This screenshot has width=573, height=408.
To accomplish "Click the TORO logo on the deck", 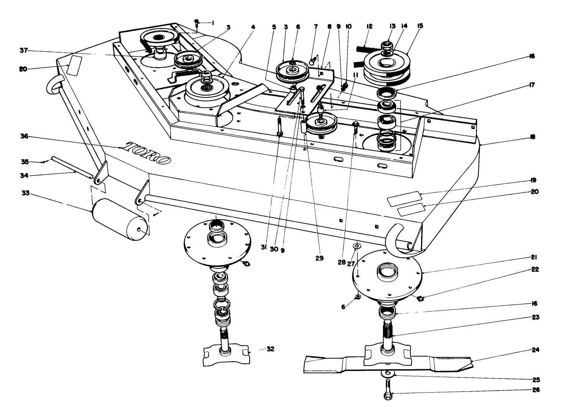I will click(148, 153).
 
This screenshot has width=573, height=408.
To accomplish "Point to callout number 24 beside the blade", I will click(535, 350).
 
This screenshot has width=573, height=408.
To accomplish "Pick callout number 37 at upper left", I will click(25, 51).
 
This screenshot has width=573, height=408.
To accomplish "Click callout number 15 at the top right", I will click(420, 26).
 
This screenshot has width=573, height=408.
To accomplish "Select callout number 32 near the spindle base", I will click(271, 349).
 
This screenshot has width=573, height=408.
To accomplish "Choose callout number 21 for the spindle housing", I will click(535, 257).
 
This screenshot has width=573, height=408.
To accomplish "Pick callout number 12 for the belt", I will click(369, 26).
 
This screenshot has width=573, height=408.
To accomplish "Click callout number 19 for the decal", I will click(533, 180).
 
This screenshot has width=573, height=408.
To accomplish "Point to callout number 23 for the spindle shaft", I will click(535, 317).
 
